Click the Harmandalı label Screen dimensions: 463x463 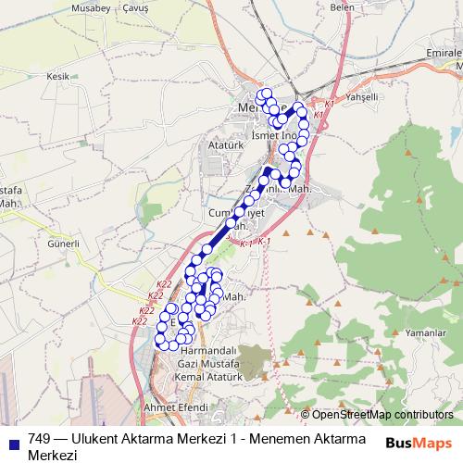pos(208,352)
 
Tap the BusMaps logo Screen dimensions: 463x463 pos(420,443)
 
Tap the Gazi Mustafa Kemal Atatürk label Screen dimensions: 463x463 pos(208,371)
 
